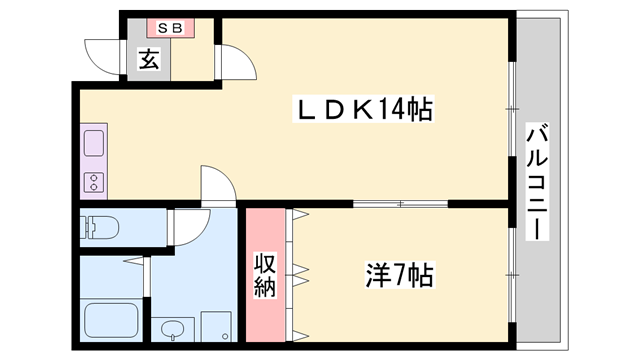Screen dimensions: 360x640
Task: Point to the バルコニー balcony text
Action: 536,180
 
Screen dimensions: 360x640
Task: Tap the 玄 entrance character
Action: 148,60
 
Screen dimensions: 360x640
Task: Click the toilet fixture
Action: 99,228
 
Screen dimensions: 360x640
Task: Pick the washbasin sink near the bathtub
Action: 172,329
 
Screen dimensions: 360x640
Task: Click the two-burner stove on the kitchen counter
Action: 95,183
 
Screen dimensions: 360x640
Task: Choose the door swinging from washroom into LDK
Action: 218,185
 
